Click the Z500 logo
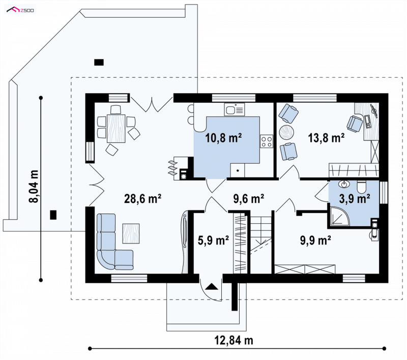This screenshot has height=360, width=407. click(20, 10)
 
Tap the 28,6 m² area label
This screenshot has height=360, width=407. click(143, 199)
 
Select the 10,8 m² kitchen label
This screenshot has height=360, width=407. click(223, 138)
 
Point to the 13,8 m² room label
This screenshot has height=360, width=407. click(326, 138)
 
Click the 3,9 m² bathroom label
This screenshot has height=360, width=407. click(355, 199)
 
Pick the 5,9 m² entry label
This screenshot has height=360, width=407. click(213, 240)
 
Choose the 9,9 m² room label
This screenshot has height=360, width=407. click(315, 240)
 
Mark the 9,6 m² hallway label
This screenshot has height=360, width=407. click(249, 199)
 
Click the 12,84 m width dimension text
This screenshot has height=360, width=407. click(234, 340)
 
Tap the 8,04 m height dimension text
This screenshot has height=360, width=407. click(34, 186)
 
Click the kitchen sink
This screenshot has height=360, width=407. click(235, 109)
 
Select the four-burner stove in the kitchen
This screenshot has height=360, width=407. click(267, 142)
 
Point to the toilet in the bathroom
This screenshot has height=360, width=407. click(361, 187)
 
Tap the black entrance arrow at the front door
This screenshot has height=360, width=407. click(212, 286)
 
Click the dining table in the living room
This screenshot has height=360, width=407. click(117, 128)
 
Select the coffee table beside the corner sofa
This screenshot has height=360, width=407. click(131, 233)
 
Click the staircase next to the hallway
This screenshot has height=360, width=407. click(261, 245)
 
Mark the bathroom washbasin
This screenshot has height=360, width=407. click(344, 185)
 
